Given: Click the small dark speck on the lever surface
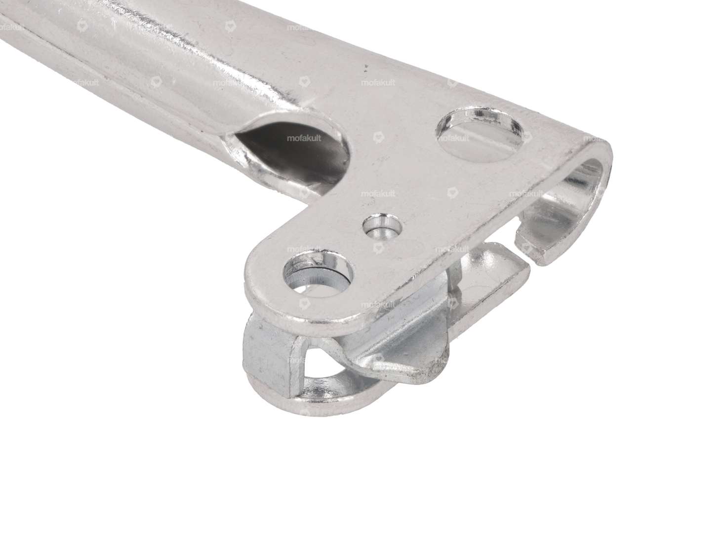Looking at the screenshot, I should [x=366, y=65].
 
